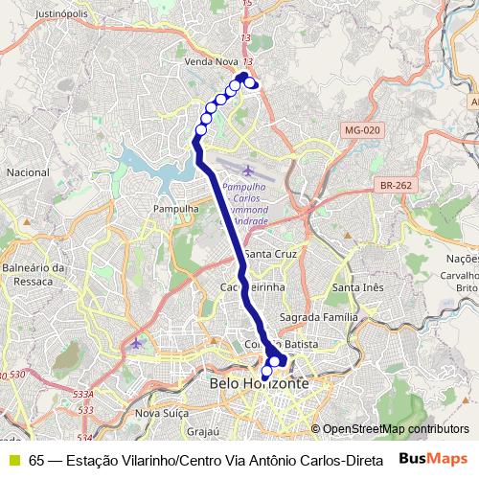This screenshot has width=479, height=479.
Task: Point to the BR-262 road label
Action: coord(395,186)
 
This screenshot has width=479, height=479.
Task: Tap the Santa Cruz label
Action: coord(271,254)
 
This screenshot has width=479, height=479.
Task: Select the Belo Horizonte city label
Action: coord(259,383)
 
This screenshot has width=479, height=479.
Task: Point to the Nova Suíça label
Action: coord(160,413)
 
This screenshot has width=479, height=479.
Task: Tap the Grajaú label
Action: coord(204,432)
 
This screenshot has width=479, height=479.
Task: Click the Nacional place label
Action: coord(27,172)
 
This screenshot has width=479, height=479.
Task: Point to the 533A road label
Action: coord(83,394)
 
